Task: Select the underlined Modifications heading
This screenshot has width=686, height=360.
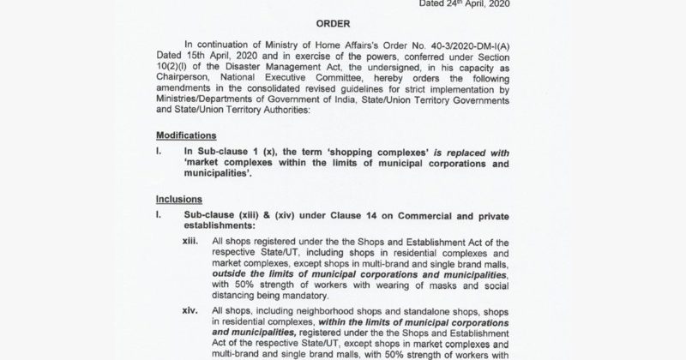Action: point(188,135)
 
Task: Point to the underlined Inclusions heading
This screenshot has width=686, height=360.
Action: point(178,198)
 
